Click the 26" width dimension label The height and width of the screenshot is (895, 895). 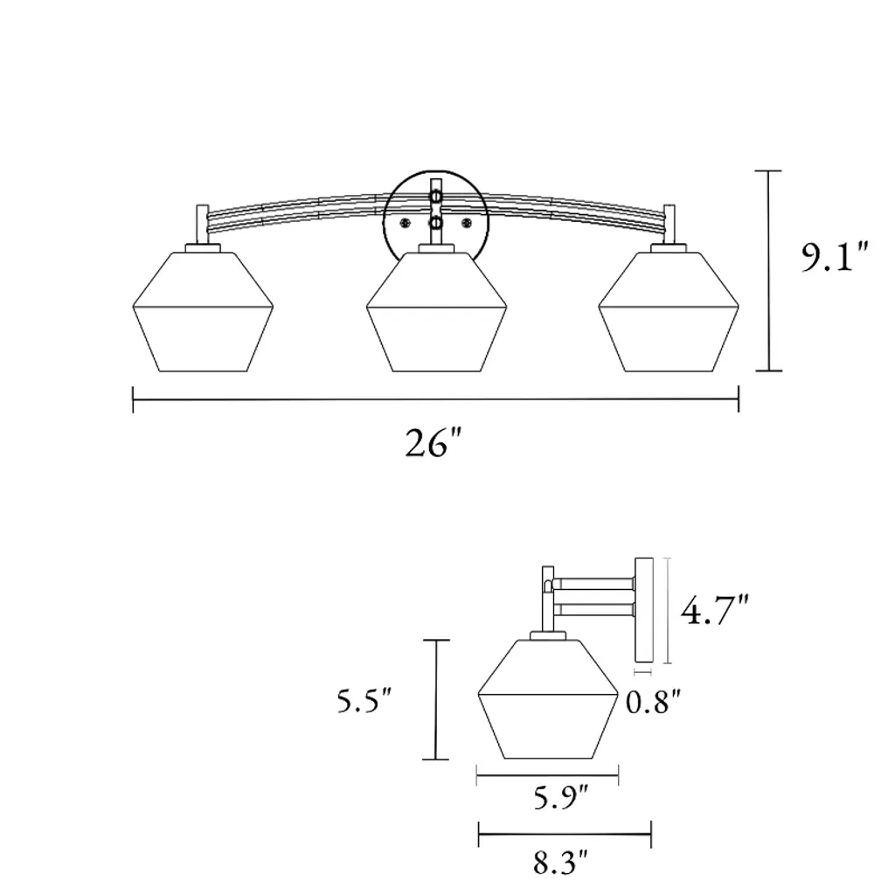click(433, 443)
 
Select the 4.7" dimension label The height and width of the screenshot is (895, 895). click(714, 609)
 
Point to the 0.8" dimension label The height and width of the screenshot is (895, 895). click(654, 702)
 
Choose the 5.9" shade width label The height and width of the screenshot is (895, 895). click(560, 797)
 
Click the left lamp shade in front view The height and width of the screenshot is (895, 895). click(203, 312)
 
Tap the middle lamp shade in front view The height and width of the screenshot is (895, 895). click(437, 312)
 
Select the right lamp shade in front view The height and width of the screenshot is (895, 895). click(669, 312)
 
